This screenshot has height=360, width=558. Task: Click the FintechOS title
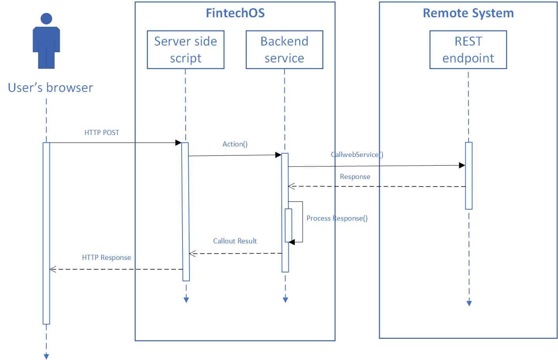(235, 13)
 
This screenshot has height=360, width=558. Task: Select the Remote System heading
(468, 13)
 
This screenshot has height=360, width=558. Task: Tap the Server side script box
(186, 50)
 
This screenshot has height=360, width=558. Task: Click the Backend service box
(284, 50)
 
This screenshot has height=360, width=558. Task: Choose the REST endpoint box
(468, 50)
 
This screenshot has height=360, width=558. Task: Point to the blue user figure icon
(46, 41)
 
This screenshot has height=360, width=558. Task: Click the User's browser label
(51, 88)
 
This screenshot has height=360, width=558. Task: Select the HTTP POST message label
(102, 133)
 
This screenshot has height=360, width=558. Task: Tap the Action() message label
(235, 144)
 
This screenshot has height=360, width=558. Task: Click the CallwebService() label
(357, 155)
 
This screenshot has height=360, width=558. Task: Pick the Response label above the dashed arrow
(355, 177)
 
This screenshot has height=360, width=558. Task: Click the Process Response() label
(337, 218)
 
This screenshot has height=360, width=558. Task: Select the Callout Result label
(235, 241)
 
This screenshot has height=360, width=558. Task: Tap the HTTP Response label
(106, 258)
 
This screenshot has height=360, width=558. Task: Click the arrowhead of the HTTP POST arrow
(179, 143)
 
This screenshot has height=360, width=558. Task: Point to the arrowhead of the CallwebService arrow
(462, 165)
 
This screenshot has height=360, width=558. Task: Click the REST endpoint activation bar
(469, 175)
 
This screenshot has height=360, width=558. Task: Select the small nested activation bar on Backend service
(288, 225)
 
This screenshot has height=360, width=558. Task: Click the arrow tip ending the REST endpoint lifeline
(469, 303)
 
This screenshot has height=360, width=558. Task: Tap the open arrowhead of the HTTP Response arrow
(53, 269)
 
